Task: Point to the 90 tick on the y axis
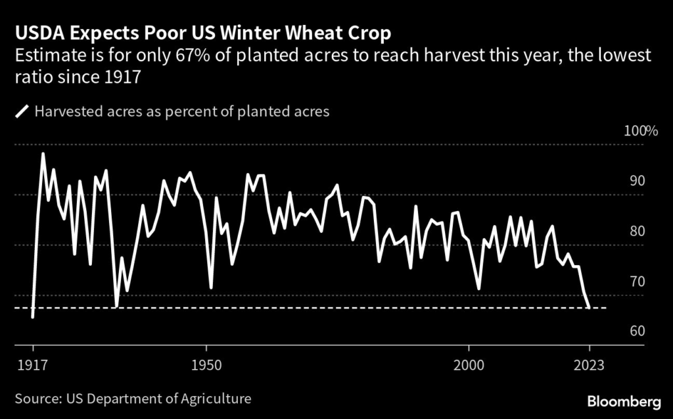[638, 182]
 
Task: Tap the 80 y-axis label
[638, 232]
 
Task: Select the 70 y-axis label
[638, 282]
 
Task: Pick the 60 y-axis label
[638, 332]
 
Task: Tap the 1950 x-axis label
[207, 365]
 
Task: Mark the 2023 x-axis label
[590, 365]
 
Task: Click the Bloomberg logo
[624, 401]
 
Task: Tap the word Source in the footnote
[35, 399]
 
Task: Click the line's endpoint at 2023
[589, 307]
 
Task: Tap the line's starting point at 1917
[33, 317]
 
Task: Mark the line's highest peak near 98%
[43, 154]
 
